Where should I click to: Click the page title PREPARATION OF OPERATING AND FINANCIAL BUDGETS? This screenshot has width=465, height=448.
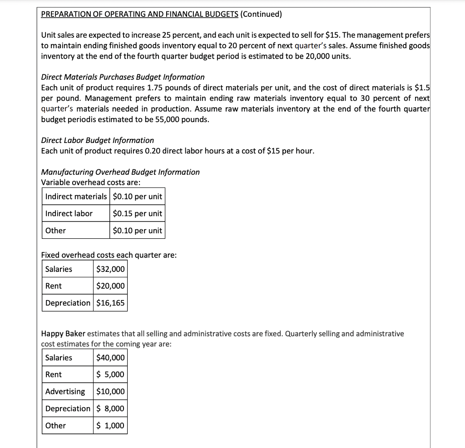pos(139,14)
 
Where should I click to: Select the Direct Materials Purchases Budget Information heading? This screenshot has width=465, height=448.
pos(123,77)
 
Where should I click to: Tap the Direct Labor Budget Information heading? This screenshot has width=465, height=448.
pos(97,140)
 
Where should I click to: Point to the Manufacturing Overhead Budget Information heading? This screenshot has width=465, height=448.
pos(120,172)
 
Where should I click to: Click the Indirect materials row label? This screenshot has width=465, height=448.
pos(76,197)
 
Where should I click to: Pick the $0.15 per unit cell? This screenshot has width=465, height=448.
pos(137,213)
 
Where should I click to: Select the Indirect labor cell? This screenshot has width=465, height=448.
pos(69,213)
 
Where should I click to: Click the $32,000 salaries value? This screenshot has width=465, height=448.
pos(110,269)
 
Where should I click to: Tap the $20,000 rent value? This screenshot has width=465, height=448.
pos(110,286)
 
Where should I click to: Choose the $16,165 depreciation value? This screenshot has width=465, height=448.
pos(110,303)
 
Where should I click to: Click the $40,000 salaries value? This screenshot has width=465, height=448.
pos(110,358)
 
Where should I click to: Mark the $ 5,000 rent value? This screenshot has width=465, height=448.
pos(110,374)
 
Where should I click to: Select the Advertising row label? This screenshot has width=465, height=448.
pos(65,391)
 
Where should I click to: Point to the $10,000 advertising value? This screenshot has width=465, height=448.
pos(110,391)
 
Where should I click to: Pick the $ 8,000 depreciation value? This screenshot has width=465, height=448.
pos(110,409)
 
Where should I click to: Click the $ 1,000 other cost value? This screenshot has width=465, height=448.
pos(110,425)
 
